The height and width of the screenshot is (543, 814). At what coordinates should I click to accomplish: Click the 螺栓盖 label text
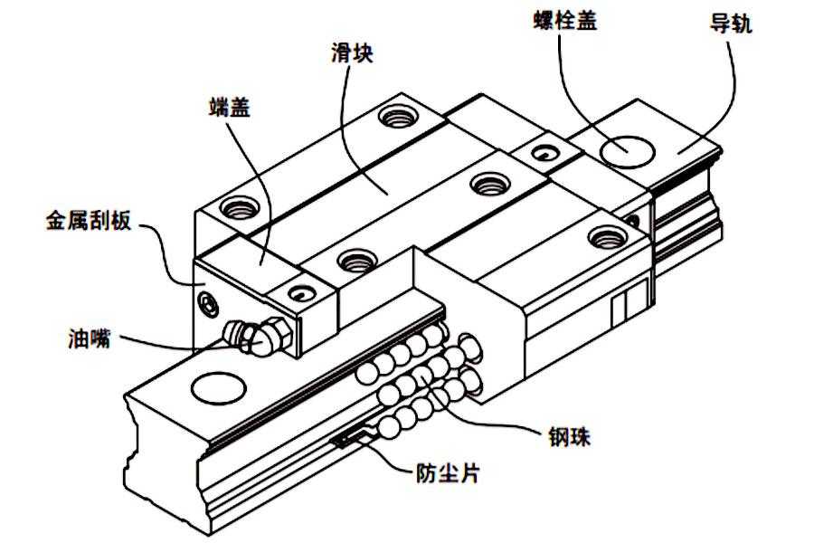point(565,21)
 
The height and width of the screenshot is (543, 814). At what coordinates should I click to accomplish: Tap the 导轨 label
point(731,24)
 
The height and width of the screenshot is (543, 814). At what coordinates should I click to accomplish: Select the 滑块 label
point(352,52)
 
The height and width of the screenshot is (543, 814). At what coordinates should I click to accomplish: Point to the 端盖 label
point(230,107)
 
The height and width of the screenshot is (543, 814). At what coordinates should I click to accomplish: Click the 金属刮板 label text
point(90,220)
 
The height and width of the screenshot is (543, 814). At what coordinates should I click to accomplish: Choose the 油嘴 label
point(90,338)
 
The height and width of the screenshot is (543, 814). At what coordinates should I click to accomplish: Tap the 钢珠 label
point(570,436)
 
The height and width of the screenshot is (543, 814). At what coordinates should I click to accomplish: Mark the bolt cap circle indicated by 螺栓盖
point(627,152)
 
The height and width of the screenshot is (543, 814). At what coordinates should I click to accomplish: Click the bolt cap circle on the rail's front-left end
point(218,387)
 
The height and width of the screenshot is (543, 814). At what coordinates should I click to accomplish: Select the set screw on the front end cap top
point(300,293)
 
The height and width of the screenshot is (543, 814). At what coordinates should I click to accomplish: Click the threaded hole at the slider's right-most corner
point(608,237)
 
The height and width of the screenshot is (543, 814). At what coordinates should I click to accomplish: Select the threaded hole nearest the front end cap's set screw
point(356,260)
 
